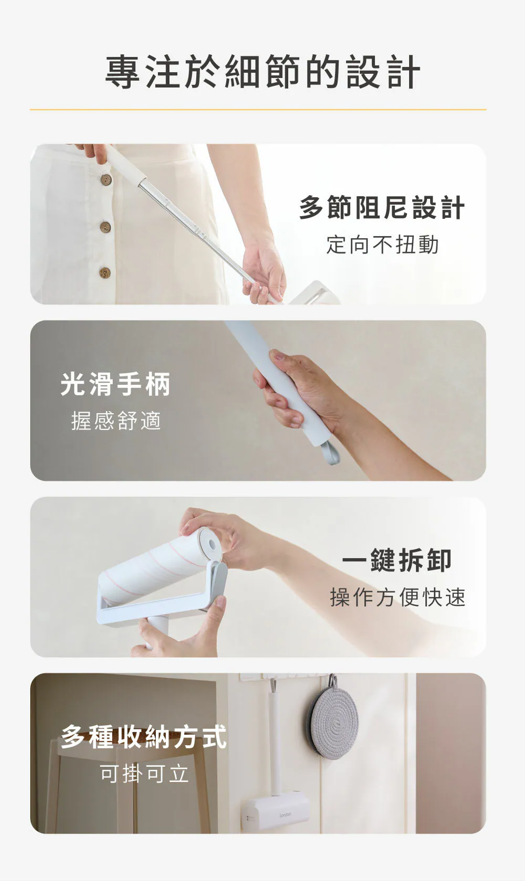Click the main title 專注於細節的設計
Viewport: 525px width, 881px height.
(262, 73)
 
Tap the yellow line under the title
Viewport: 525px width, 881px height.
(258, 110)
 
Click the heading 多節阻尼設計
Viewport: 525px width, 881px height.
(382, 208)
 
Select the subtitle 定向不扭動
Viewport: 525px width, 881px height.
(382, 245)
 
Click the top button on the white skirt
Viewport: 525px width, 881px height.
(106, 179)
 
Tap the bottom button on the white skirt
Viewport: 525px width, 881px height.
(105, 273)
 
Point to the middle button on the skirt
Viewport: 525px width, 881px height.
(105, 227)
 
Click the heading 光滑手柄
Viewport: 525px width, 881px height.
(115, 384)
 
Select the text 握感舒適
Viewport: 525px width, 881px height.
(116, 421)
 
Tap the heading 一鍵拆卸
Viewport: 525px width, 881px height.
(396, 560)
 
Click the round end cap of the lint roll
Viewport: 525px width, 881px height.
(209, 544)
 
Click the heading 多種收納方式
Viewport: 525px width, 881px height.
(144, 737)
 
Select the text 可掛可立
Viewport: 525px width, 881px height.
(144, 774)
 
